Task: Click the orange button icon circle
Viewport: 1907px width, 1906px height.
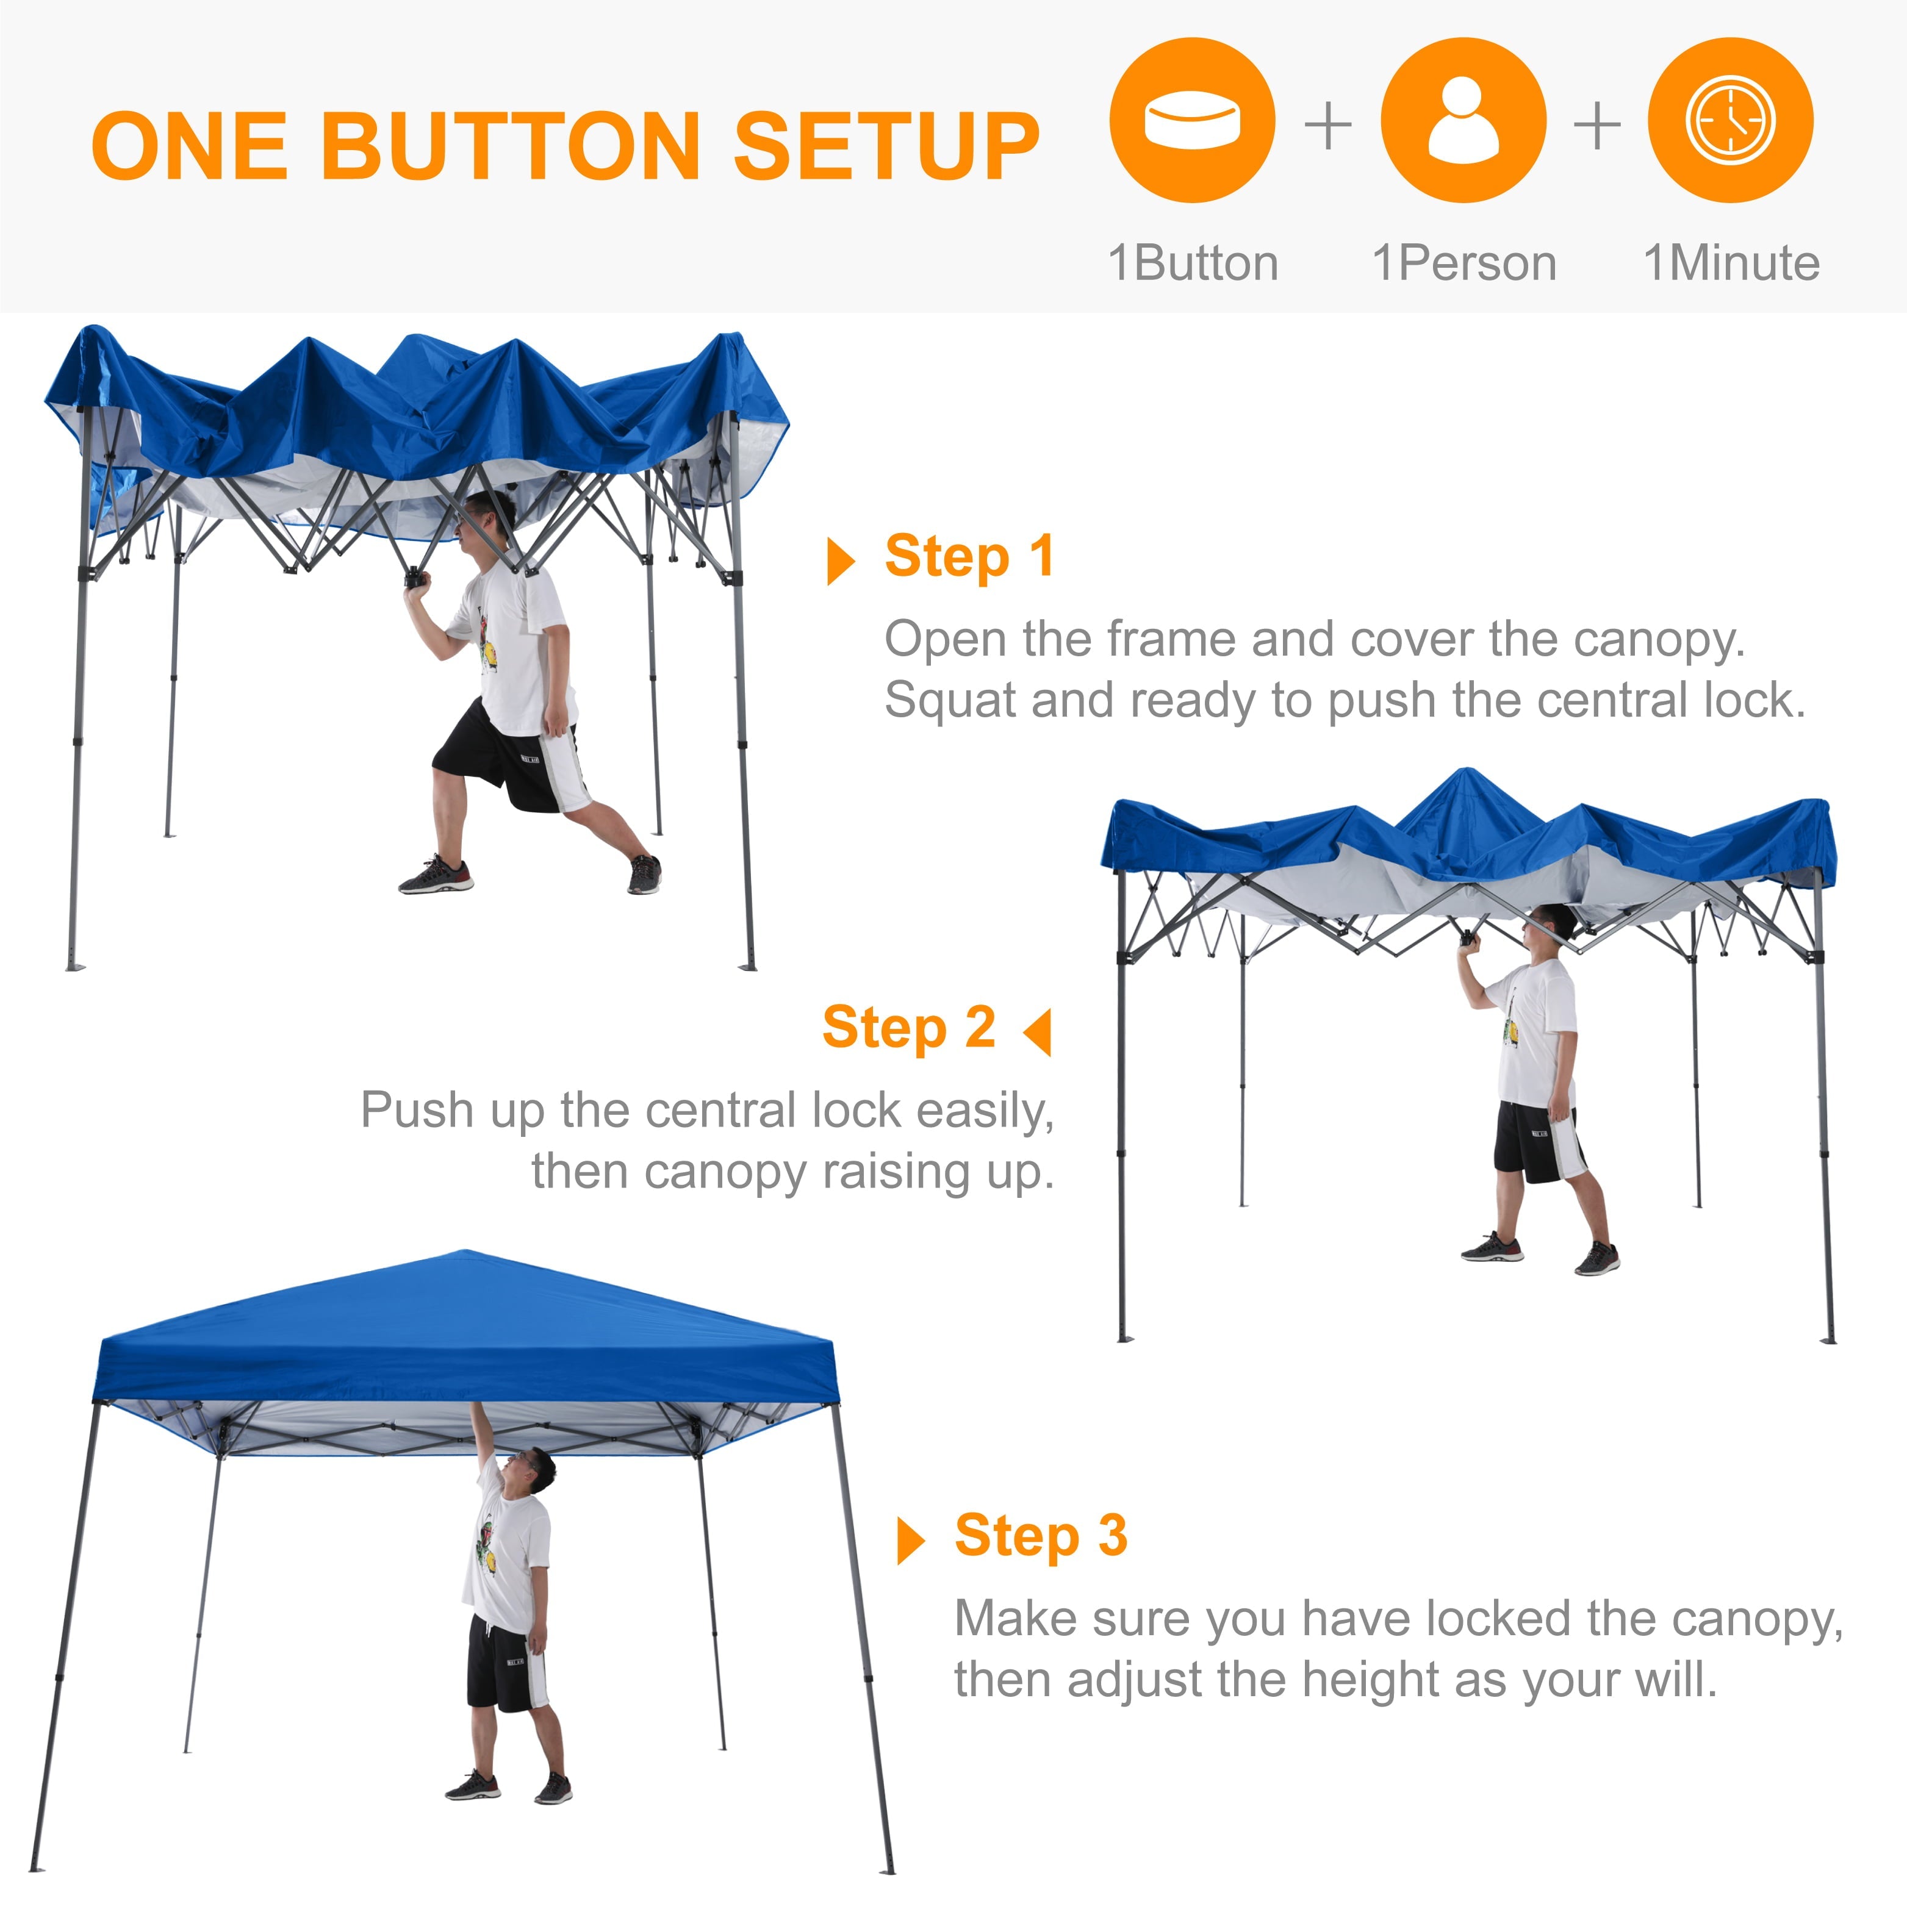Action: coord(1193,120)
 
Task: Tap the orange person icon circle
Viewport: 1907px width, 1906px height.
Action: coord(1463,120)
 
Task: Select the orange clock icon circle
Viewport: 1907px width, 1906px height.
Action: coord(1730,120)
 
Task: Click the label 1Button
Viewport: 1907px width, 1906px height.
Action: coord(1193,263)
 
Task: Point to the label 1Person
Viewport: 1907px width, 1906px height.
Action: coord(1464,263)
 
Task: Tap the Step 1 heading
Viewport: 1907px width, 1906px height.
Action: coord(969,556)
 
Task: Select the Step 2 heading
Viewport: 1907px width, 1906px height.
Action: coord(908,1028)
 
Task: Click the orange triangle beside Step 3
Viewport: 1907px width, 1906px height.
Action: coord(909,1541)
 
